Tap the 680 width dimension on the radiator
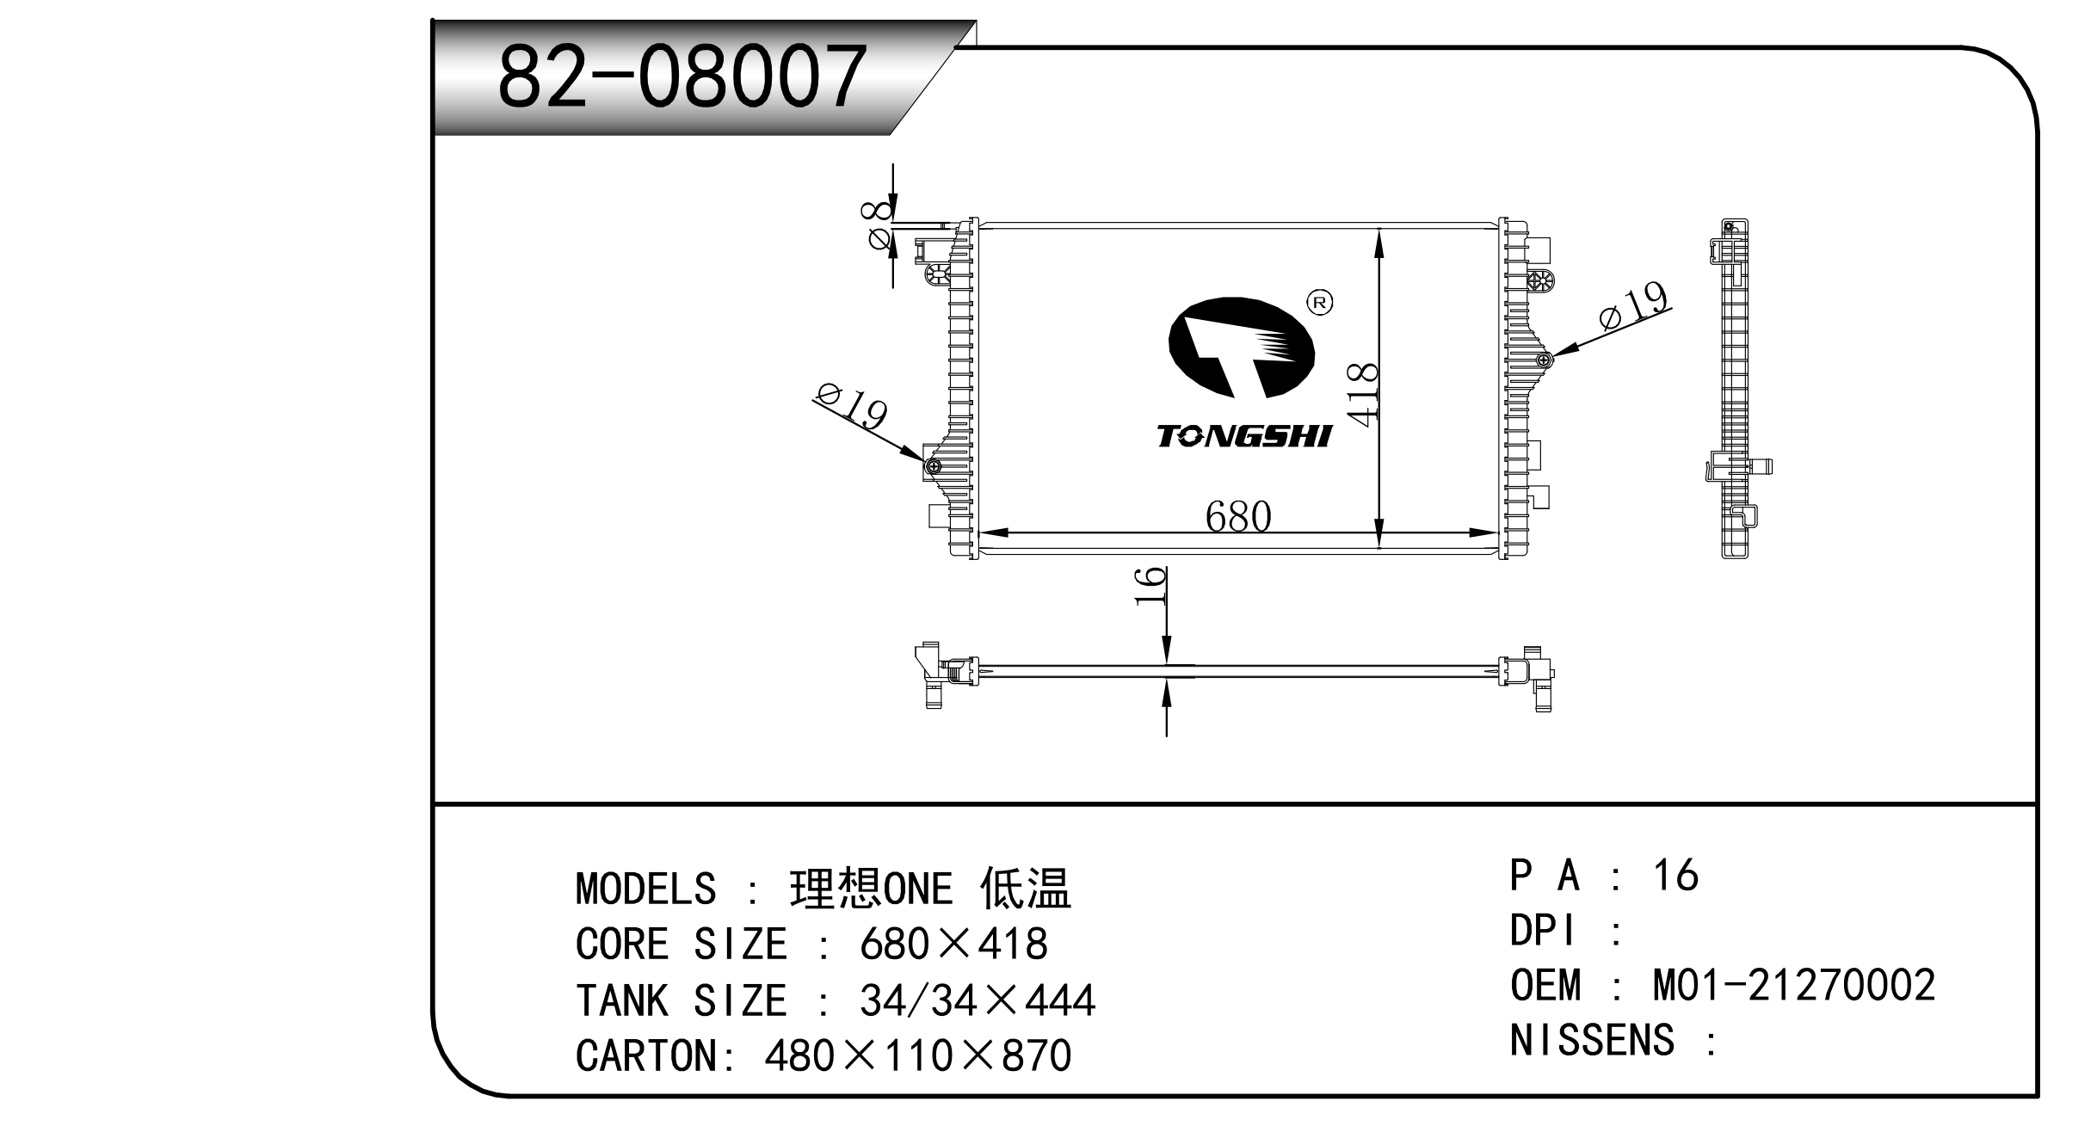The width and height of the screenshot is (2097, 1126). coord(1237,516)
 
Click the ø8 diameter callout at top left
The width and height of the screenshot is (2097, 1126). coord(878,225)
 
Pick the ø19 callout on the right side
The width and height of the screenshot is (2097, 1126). coord(1633,306)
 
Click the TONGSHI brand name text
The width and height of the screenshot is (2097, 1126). coord(1243,436)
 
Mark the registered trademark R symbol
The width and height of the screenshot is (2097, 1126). coord(1319,302)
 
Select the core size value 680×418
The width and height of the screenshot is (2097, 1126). coord(953,944)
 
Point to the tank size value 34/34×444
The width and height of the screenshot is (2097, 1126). coord(977,1000)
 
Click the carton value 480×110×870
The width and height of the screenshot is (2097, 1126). coord(917,1055)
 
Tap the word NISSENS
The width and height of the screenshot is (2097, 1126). coord(1592,1040)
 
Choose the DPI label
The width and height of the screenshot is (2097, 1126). coord(1545,931)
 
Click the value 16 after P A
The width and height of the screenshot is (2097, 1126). coord(1675,876)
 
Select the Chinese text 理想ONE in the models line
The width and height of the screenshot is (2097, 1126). coord(871,889)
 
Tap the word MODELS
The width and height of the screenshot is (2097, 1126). coord(645,889)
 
